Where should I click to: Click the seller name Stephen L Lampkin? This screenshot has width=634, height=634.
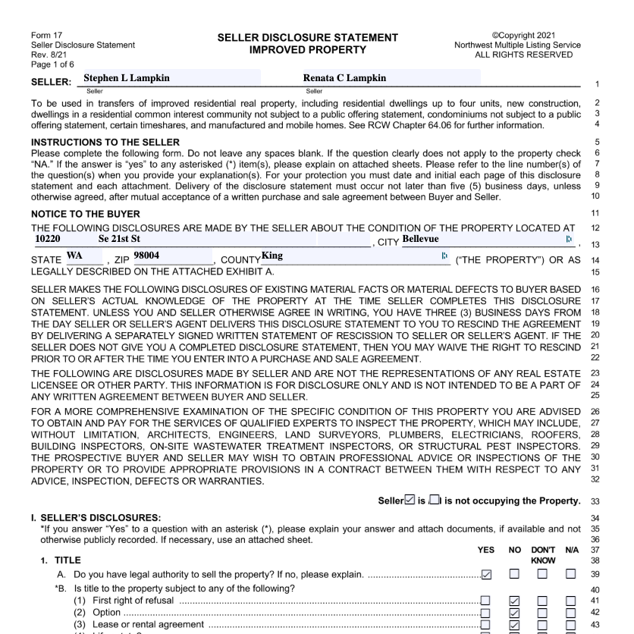tap(127, 77)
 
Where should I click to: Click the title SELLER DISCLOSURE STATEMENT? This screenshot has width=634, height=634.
tap(318, 37)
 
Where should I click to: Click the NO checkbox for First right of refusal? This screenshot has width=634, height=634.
tap(514, 601)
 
